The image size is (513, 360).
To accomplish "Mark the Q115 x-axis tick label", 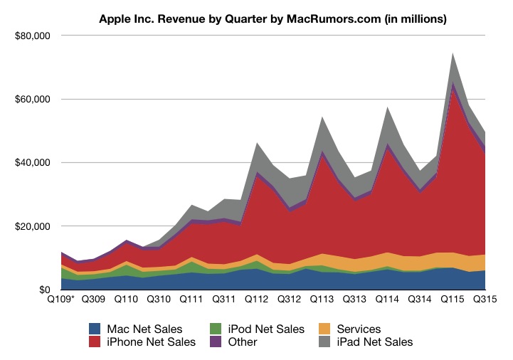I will (453, 301).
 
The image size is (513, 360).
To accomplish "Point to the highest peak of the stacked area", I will (453, 53).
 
